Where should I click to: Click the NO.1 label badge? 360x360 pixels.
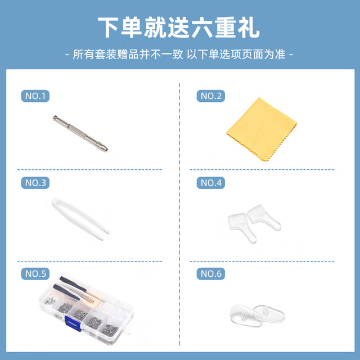pyautogui.click(x=35, y=95)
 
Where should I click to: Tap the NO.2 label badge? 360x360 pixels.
pyautogui.click(x=211, y=96)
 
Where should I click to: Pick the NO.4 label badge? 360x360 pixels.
pyautogui.click(x=211, y=183)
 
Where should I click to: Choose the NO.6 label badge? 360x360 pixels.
pyautogui.click(x=211, y=274)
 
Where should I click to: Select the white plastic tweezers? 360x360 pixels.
pyautogui.click(x=79, y=216)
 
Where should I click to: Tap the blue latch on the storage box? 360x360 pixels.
pyautogui.click(x=71, y=322)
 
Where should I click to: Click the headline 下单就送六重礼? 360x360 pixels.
pyautogui.click(x=179, y=27)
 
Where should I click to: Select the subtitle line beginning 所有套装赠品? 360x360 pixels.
pyautogui.click(x=179, y=55)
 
